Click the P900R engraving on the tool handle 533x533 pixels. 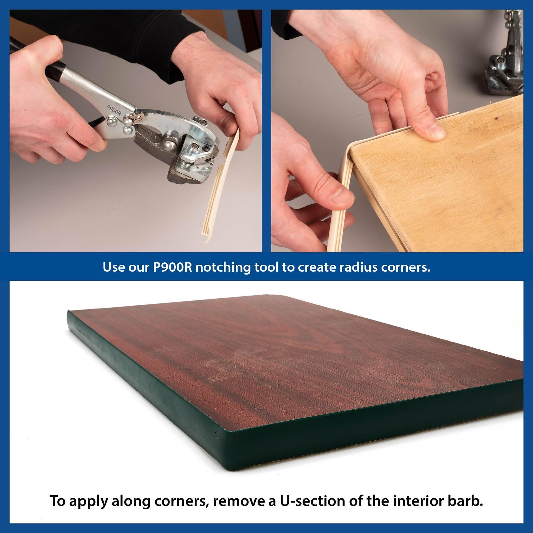click(x=114, y=110)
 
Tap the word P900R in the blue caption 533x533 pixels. click(x=172, y=267)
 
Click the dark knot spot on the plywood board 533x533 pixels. click(x=496, y=118)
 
